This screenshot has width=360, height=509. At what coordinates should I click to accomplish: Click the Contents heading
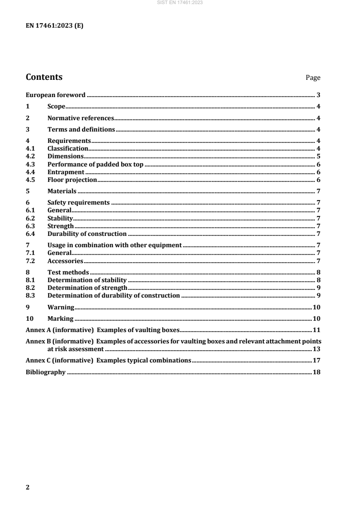click(44, 77)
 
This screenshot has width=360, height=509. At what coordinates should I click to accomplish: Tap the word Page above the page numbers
click(313, 78)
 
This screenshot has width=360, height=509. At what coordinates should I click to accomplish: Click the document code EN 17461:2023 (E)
click(54, 26)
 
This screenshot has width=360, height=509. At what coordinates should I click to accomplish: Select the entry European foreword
click(55, 95)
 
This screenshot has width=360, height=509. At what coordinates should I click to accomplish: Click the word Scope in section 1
click(57, 107)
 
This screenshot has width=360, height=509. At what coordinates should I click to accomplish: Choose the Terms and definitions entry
click(81, 129)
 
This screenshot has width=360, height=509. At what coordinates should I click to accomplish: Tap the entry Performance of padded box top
click(95, 164)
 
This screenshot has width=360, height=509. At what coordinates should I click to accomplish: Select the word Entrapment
click(66, 172)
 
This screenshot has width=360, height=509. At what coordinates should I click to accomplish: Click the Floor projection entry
click(72, 180)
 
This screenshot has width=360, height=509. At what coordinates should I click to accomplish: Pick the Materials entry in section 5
click(62, 191)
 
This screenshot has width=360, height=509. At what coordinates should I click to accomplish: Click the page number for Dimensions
click(319, 156)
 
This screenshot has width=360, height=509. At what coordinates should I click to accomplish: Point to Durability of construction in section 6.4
click(87, 234)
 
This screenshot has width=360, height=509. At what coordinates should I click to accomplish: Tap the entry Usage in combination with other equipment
click(114, 245)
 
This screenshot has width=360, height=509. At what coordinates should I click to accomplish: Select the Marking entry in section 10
click(60, 318)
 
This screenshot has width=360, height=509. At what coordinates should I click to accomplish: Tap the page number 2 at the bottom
click(27, 487)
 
